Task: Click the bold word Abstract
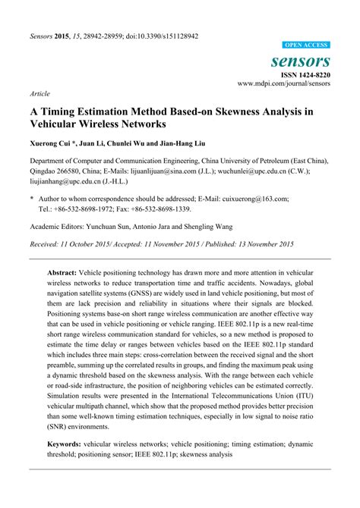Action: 62,270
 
